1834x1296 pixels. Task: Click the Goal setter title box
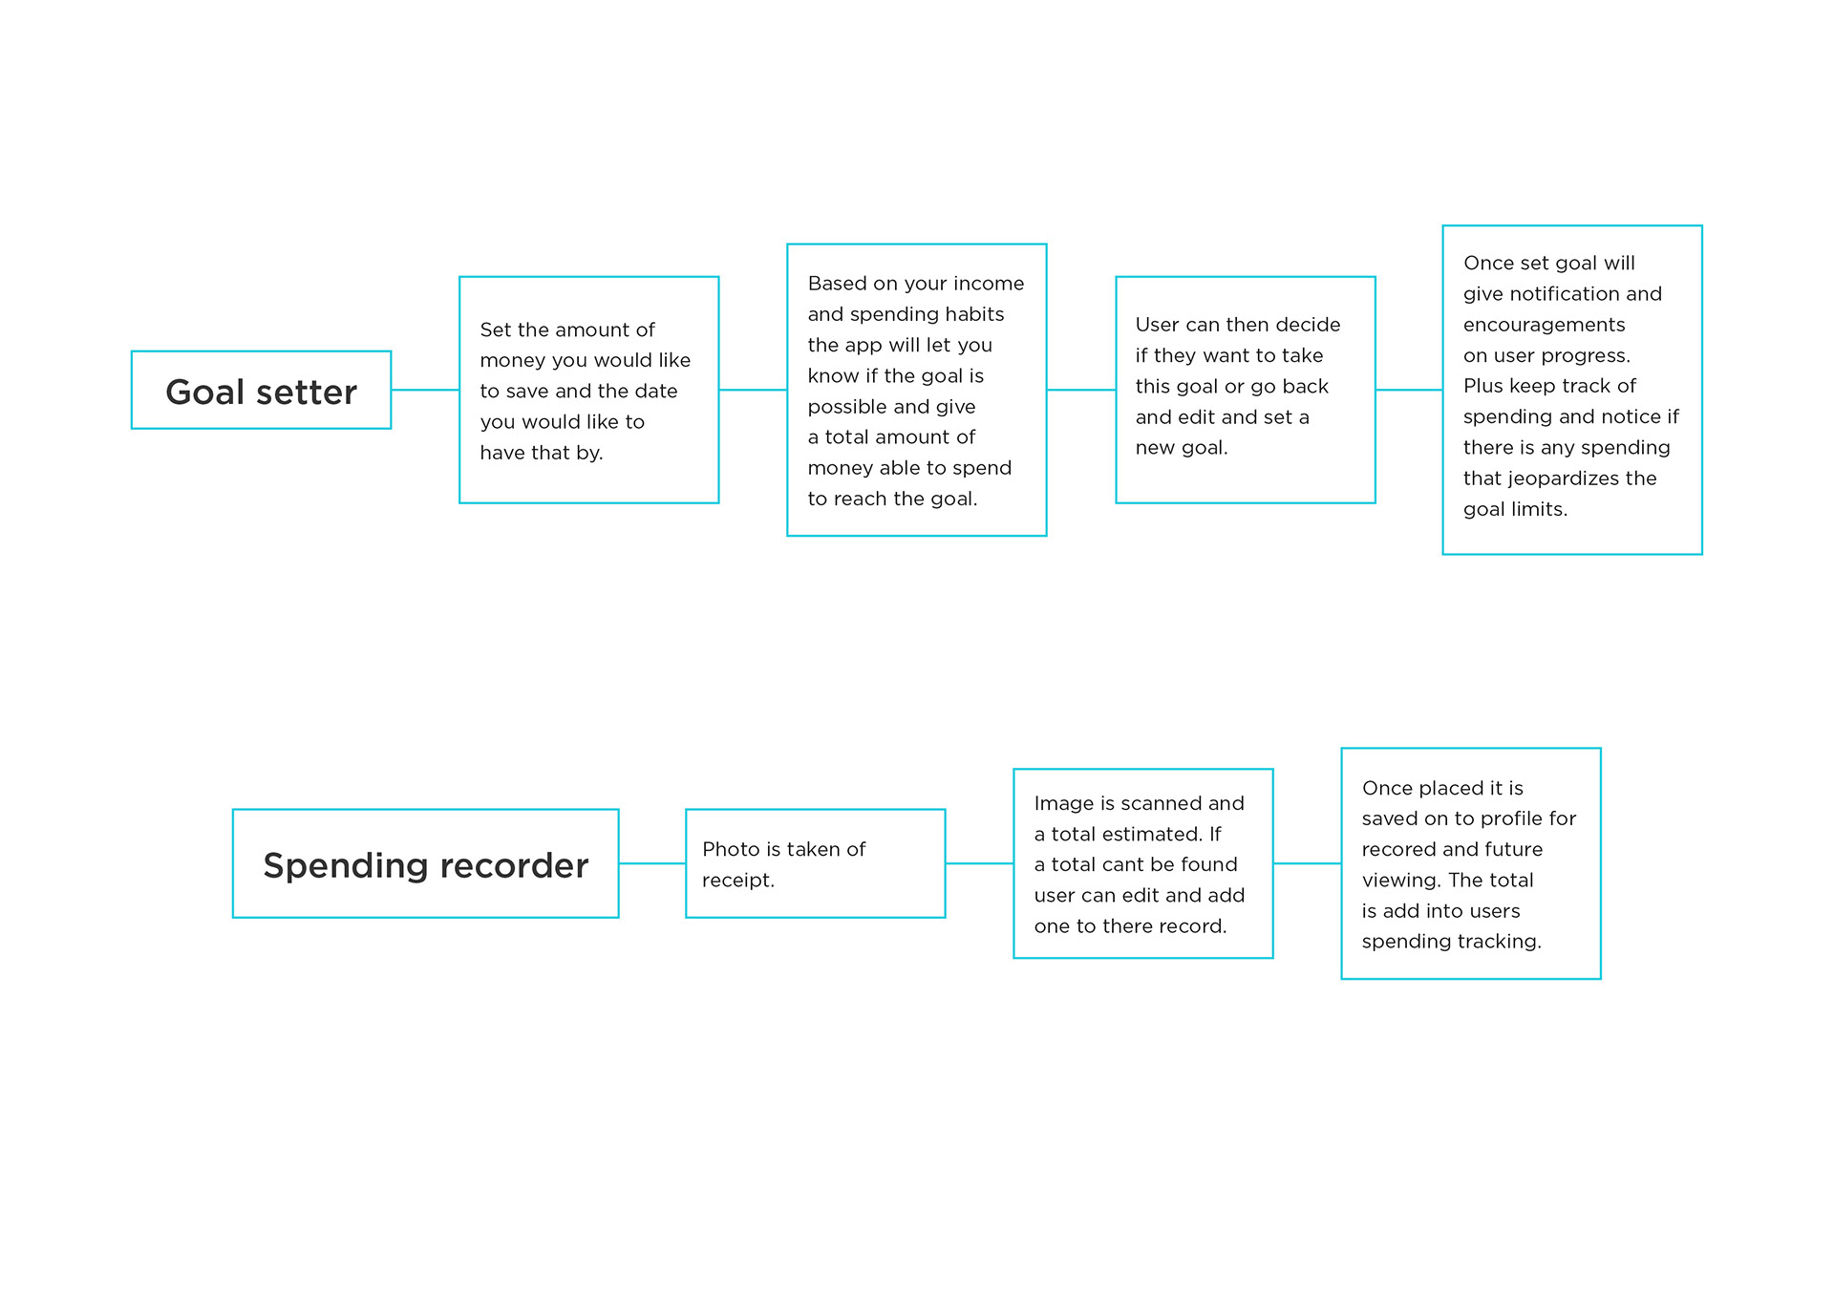[261, 390]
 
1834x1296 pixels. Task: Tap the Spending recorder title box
[425, 863]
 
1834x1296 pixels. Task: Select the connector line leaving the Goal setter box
[425, 390]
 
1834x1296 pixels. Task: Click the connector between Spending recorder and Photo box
[652, 863]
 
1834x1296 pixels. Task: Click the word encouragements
[1544, 325]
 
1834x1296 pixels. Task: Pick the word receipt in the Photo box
[737, 881]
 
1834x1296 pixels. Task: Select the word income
[989, 284]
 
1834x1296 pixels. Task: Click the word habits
[975, 314]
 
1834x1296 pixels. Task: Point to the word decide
[1308, 325]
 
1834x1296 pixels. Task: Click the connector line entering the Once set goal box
[1409, 390]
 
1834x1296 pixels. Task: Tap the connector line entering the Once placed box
[1307, 863]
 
